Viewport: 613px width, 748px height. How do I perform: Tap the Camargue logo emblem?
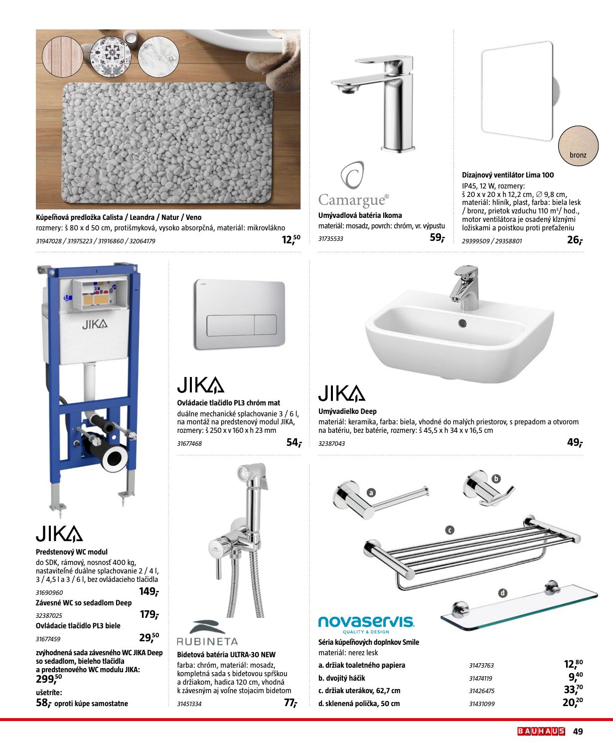point(352,175)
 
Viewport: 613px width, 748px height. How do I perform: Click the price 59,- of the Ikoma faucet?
point(437,238)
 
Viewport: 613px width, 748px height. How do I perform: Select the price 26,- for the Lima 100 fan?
point(574,240)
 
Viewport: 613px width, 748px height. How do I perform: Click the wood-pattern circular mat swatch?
point(63,56)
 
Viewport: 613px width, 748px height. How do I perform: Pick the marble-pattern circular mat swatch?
point(158,56)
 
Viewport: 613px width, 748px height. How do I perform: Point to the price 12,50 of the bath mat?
point(291,240)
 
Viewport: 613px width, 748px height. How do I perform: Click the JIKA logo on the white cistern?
point(95,325)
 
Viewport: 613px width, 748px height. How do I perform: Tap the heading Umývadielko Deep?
point(347,411)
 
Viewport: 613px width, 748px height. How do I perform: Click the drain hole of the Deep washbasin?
point(462,323)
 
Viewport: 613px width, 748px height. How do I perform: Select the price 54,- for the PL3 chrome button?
point(294,442)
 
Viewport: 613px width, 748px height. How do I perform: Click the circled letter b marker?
point(495,479)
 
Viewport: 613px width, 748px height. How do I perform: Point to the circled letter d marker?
point(503,593)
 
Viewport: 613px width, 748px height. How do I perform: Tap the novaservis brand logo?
point(366,622)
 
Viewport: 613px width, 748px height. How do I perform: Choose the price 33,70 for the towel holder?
point(573,690)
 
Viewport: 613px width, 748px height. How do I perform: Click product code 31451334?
point(189,704)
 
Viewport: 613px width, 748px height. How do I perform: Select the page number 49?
point(578,732)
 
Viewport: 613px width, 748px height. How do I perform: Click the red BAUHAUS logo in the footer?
point(541,732)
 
